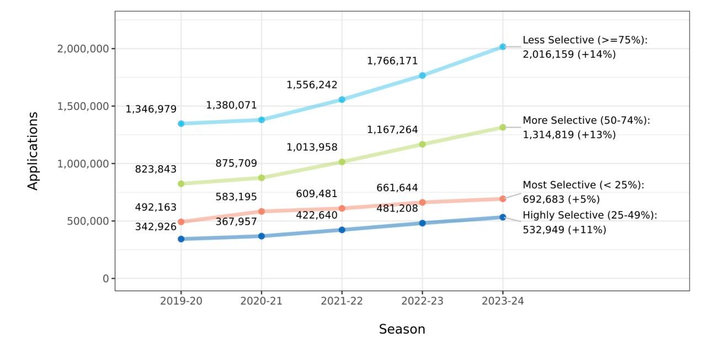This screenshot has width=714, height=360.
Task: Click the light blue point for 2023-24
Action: pos(503,47)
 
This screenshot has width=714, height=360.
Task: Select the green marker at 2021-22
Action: pos(342,162)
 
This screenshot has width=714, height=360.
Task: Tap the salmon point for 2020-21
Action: pos(262,211)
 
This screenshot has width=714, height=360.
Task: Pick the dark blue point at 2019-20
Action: pos(181,239)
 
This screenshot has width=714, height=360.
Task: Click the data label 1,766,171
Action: pos(392,61)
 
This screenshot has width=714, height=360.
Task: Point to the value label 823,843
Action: pos(156,169)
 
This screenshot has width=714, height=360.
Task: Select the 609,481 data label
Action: pos(317,194)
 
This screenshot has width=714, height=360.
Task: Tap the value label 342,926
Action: pos(156,227)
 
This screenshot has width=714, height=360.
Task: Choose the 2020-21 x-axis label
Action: pos(262,301)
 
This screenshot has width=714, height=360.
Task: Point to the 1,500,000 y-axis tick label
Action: pos(83,106)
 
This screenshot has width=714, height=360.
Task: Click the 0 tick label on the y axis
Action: pos(106,279)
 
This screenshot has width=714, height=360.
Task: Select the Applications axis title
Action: pos(33,151)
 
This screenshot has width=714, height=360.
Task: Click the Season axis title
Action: pos(402,329)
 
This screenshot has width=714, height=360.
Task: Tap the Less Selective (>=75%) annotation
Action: pos(585,40)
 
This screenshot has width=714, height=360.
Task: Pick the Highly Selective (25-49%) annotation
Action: pos(590,215)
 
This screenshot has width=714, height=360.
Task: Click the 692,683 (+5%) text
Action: pos(561,199)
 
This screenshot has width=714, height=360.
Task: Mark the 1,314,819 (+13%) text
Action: pos(569,135)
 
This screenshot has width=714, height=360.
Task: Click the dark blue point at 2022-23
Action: pos(422,223)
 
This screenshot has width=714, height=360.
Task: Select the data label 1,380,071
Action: pos(231,105)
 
